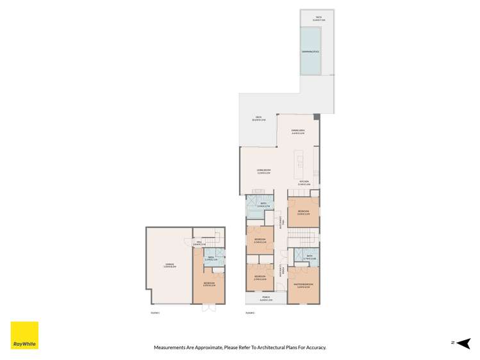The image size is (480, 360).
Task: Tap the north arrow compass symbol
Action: [x=465, y=342]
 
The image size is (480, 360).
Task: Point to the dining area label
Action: [x=297, y=131]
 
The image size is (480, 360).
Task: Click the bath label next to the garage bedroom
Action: [x=210, y=258]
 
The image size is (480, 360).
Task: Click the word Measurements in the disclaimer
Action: [x=172, y=348]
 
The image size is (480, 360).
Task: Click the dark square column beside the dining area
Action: [x=316, y=117]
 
